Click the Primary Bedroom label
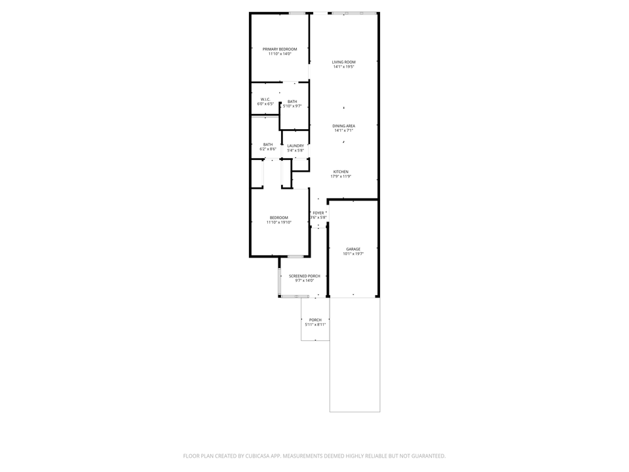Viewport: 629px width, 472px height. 280,49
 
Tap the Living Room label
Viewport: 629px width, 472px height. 343,62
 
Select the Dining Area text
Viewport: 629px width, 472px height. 343,126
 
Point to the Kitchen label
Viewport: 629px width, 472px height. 341,172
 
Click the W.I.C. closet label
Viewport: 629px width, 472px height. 265,99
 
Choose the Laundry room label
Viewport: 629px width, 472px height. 295,146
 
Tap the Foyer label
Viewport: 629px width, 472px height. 318,213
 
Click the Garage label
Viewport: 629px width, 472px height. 353,249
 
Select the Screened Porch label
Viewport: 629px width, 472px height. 305,276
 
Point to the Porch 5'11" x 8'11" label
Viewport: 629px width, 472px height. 315,320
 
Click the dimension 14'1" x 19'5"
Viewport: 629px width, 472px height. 343,67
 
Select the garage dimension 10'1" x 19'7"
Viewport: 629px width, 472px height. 353,254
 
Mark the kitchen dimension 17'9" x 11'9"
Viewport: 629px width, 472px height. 341,176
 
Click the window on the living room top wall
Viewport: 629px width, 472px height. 354,13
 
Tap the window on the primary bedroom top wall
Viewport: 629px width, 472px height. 297,13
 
